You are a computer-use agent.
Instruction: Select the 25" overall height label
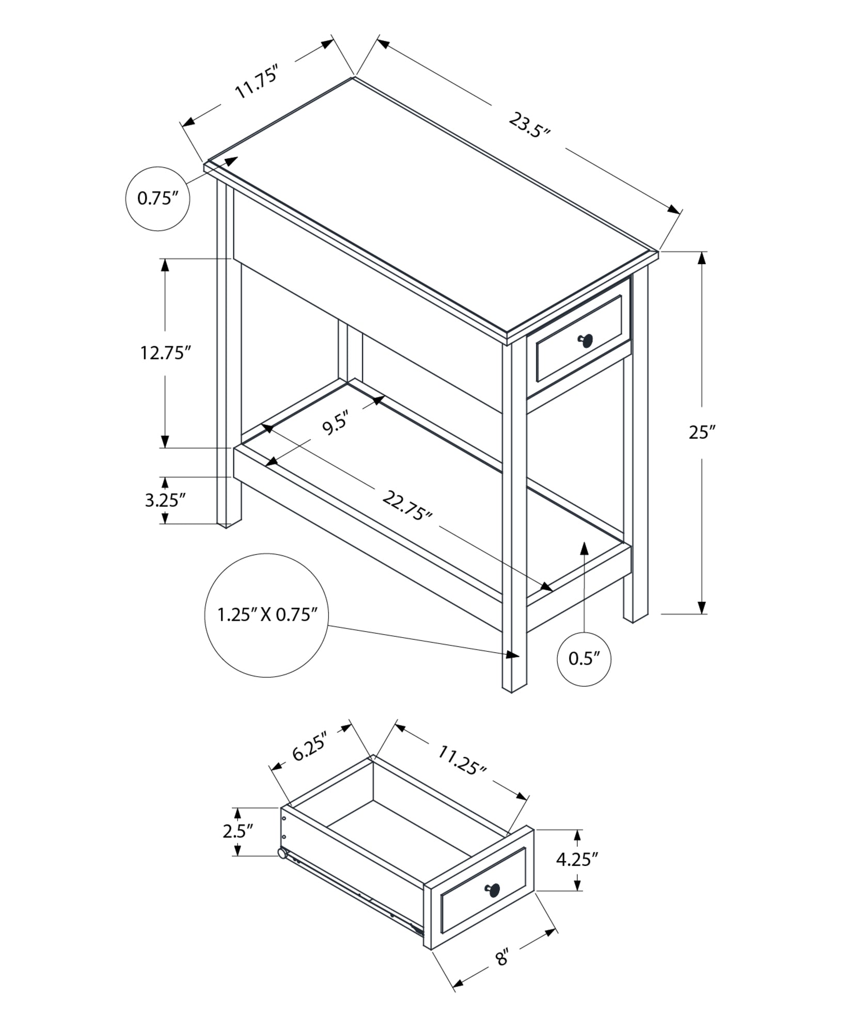click(701, 432)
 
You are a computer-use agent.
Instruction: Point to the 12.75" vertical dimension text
click(166, 353)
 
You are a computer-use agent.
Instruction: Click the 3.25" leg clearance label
click(165, 500)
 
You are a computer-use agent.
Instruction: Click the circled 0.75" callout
click(157, 198)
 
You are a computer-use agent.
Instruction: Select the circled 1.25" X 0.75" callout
click(266, 615)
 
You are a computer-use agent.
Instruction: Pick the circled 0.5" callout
click(584, 659)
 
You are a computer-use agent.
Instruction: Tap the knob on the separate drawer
click(493, 889)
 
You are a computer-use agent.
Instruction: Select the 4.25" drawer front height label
click(577, 859)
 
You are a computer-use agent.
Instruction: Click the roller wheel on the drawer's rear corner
click(283, 854)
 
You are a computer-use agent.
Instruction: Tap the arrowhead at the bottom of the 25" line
click(702, 608)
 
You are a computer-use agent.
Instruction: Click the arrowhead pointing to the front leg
click(512, 655)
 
